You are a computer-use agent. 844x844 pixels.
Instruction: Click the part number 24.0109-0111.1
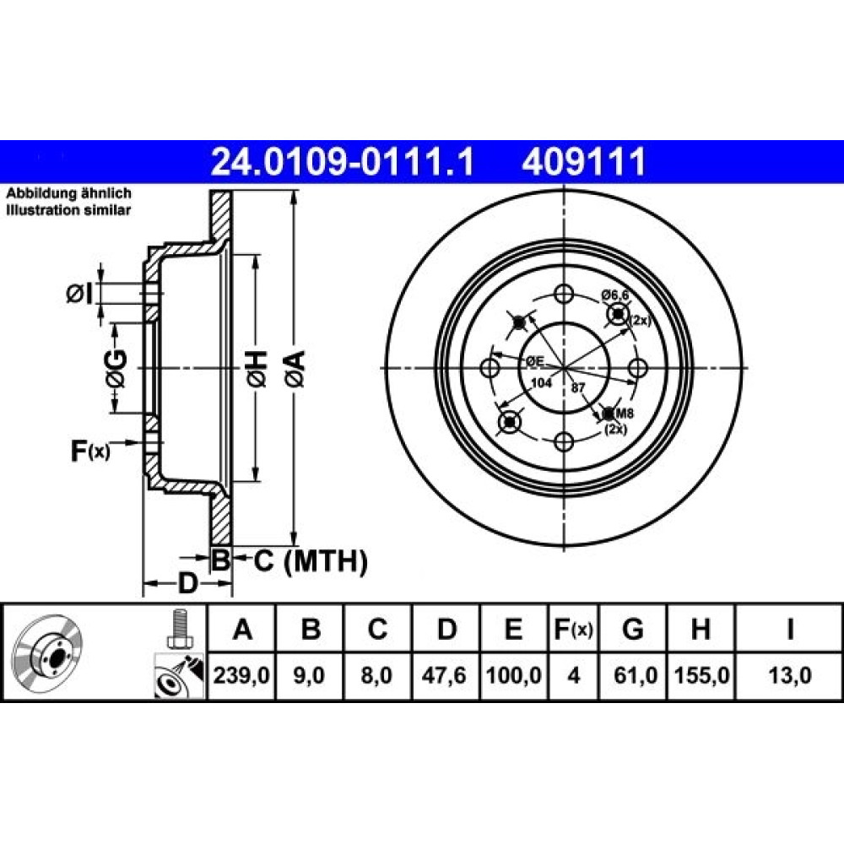coord(342,160)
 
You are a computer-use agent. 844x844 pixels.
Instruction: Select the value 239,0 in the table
coord(241,674)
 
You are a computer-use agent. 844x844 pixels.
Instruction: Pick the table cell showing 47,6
coord(447,674)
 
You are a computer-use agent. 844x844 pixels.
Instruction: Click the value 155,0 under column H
coord(701,674)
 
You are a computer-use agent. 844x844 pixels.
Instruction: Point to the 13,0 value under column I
coord(789,674)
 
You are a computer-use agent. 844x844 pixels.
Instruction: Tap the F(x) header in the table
coord(573,630)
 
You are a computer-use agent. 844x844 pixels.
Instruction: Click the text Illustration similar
coord(68,210)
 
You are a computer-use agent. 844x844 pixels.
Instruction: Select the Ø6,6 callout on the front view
coord(615,295)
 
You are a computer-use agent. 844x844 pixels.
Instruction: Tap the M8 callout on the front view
coord(624,413)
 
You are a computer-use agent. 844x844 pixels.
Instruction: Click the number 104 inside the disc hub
coord(540,383)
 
